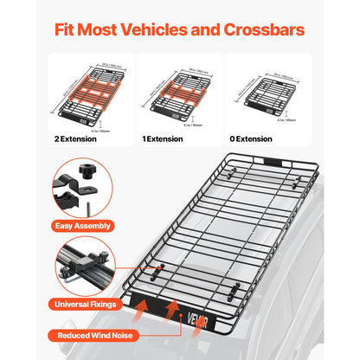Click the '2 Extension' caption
[80, 138]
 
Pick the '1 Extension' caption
[166, 138]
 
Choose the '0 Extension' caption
[253, 138]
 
